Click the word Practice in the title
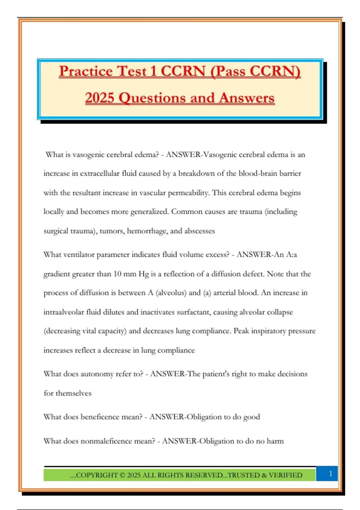point(86,71)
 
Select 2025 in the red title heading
point(99,98)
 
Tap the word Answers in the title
point(247,98)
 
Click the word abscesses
point(199,231)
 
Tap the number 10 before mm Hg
point(117,274)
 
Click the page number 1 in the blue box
point(331,474)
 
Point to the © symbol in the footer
point(122,475)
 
